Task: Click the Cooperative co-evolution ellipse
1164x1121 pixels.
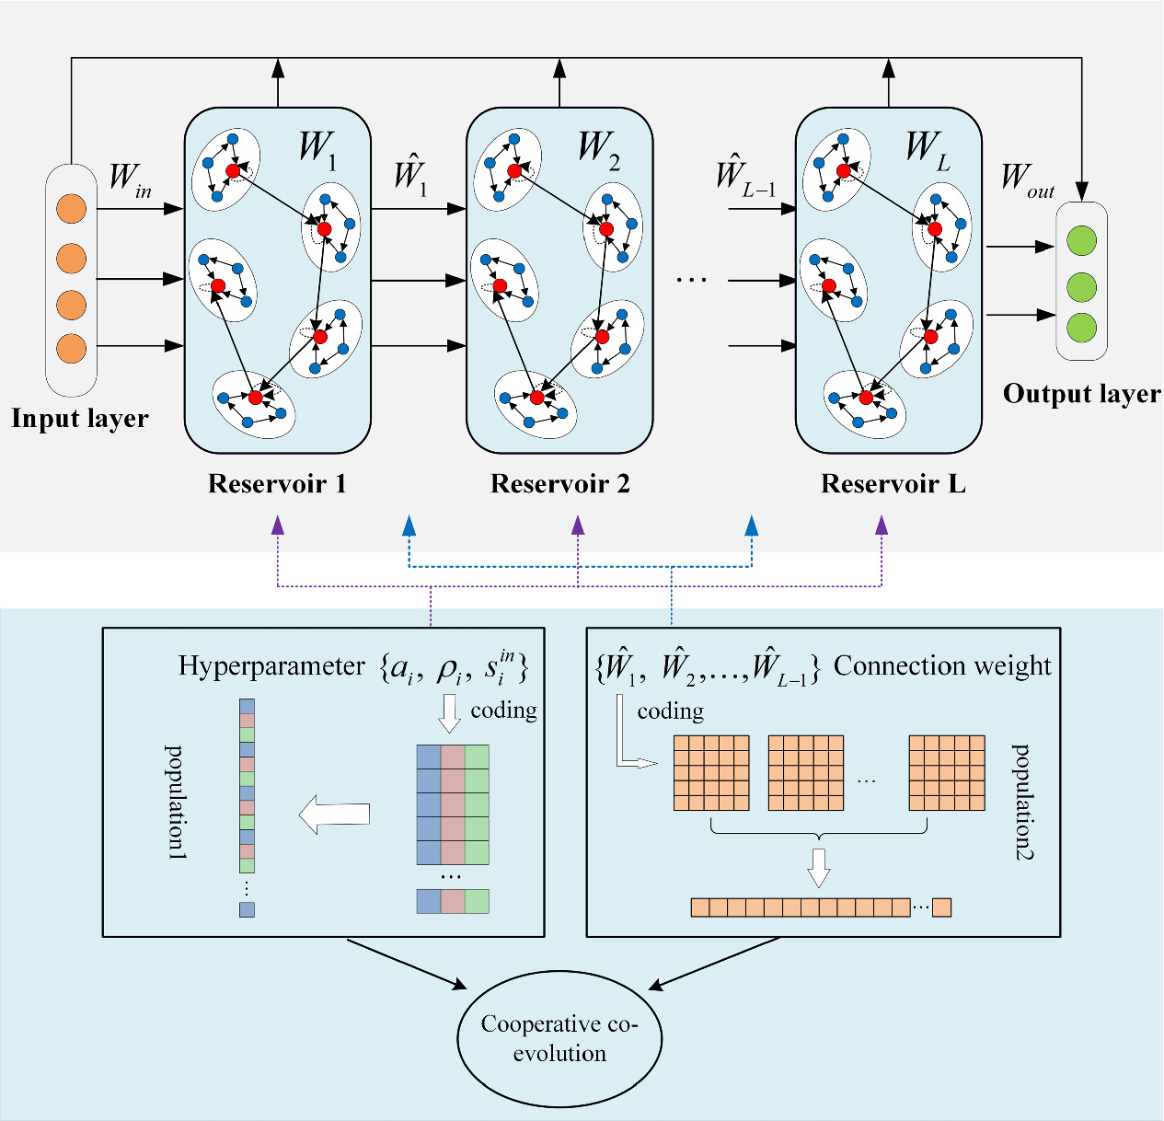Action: [559, 1038]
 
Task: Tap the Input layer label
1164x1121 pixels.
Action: [80, 419]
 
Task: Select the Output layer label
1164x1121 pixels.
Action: [1081, 394]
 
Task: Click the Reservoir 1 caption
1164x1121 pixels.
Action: [277, 484]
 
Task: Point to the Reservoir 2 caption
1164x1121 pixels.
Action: [559, 484]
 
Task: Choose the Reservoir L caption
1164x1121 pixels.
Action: [893, 484]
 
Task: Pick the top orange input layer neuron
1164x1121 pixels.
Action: [71, 208]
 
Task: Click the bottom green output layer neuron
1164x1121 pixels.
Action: [1081, 327]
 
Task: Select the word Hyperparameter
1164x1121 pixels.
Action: [271, 666]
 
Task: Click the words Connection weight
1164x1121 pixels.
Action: [942, 666]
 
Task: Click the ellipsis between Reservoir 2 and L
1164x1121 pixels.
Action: [691, 279]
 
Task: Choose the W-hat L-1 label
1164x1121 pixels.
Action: [745, 175]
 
